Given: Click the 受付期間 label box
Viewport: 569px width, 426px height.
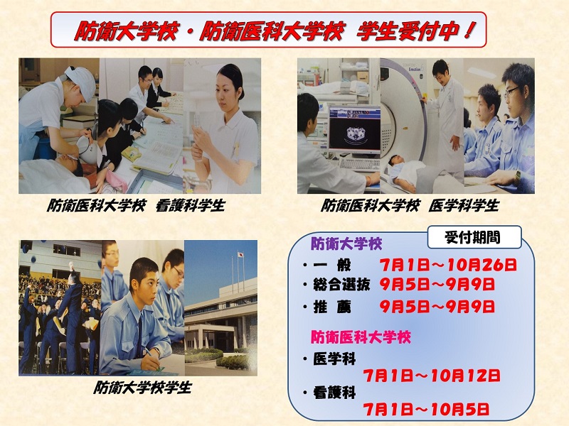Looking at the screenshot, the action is [474, 238].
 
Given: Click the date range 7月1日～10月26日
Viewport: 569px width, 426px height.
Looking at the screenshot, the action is [448, 265].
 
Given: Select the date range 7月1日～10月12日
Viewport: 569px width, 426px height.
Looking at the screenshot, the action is [432, 376].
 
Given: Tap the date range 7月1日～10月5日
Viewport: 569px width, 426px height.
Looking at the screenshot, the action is [426, 410].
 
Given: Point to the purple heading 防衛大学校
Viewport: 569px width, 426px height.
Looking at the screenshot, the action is [346, 244].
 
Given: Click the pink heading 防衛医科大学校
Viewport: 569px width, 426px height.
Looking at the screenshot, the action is [361, 337].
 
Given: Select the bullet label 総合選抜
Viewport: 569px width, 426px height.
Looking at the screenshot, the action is [341, 285].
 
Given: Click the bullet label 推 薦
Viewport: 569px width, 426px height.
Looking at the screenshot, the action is [332, 307].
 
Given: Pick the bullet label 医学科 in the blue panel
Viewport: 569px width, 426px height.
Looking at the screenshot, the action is [334, 359].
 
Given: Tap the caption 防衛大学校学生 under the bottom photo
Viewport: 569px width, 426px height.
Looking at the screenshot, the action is [142, 388].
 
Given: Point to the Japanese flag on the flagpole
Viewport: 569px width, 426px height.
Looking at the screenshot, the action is [240, 255].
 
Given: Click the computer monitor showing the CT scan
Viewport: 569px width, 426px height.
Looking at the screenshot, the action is [354, 130].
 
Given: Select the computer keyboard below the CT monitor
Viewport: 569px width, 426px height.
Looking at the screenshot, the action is [359, 165].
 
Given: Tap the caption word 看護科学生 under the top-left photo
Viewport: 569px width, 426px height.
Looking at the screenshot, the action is [190, 206].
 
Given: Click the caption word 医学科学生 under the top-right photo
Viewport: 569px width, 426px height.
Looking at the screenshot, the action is [464, 206].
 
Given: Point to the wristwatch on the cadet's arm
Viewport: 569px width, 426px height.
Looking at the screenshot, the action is [517, 177].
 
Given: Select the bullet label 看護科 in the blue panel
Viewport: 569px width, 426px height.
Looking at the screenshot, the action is [334, 393].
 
